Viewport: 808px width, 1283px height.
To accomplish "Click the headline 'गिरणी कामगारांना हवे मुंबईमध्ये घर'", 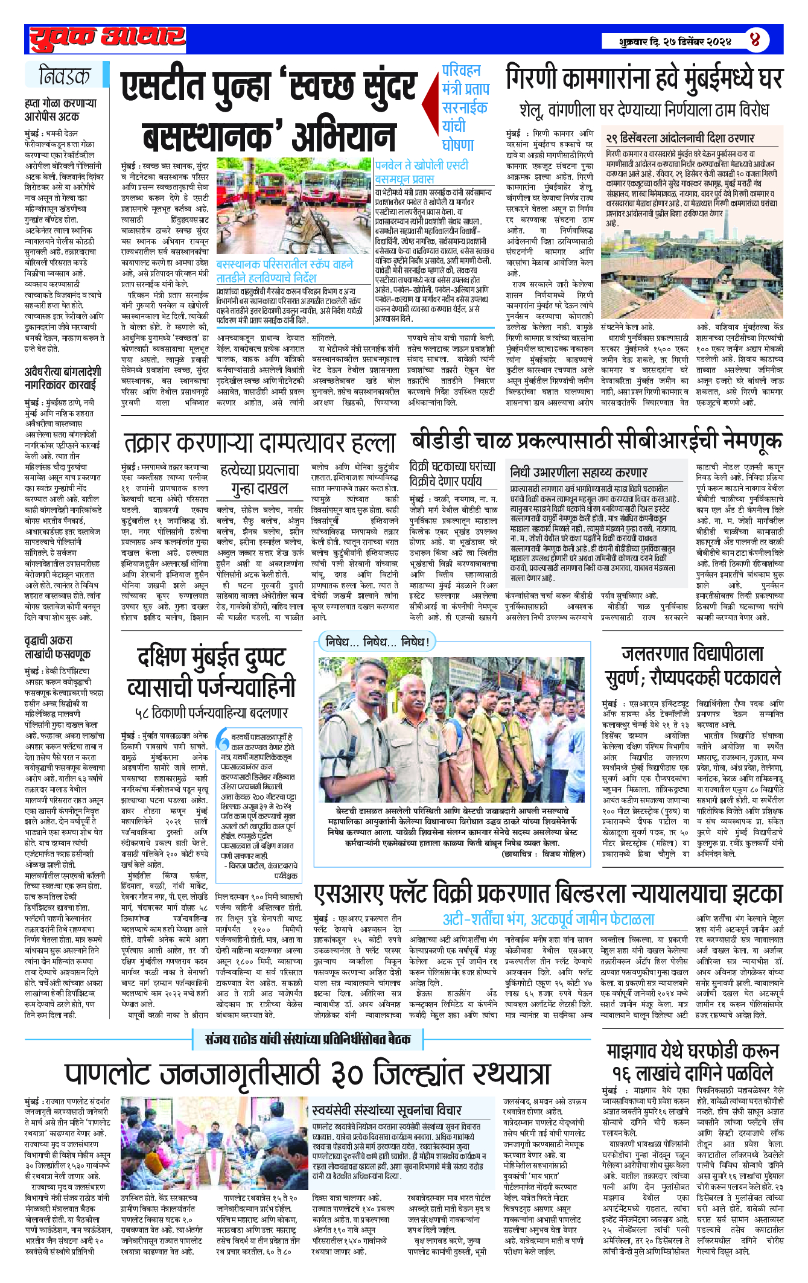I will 644,79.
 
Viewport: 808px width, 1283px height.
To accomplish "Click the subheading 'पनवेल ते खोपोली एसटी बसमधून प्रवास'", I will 421,171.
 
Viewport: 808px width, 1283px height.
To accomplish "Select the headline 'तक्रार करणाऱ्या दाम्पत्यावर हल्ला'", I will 259,443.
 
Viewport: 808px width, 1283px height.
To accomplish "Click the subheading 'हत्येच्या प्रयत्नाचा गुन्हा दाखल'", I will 259,479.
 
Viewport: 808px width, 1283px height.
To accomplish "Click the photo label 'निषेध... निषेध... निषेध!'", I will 377,641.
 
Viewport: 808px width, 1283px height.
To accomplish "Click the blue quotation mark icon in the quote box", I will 223,740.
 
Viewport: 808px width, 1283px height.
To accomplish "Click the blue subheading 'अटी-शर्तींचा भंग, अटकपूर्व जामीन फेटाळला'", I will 549,920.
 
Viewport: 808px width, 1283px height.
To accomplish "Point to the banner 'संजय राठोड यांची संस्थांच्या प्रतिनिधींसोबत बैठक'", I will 308,1039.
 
